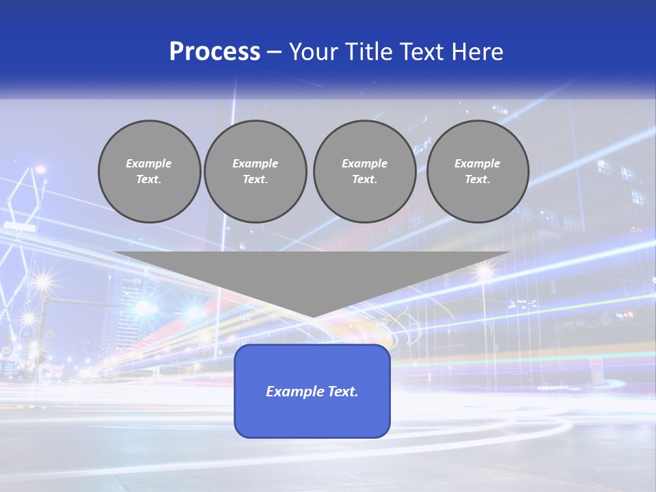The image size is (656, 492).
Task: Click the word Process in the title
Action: pos(215,52)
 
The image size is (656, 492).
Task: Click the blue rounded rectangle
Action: pos(312,417)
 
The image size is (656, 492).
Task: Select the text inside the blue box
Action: pos(312,392)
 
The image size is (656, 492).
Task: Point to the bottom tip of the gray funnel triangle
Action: pos(312,316)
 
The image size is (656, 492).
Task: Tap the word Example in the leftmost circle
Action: pos(149,163)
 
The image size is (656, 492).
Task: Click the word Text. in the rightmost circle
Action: pos(477,180)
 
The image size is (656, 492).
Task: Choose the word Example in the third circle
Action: pos(364,163)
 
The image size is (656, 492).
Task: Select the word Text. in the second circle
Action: pos(255,180)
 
